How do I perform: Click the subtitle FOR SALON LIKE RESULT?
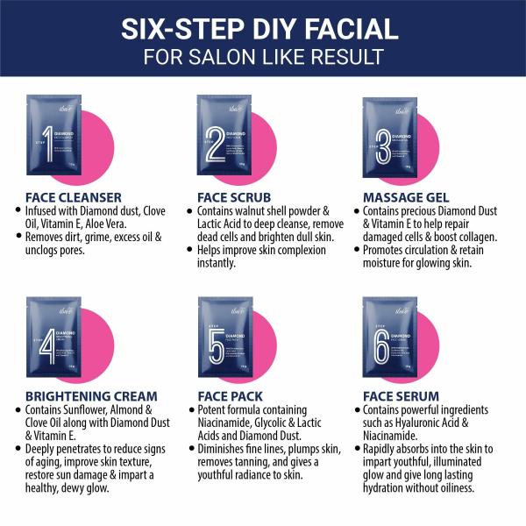(263, 57)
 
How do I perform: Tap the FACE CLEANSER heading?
(74, 197)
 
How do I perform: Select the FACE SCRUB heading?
(234, 197)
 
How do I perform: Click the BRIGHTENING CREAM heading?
(92, 396)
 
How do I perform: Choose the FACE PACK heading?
(230, 396)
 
